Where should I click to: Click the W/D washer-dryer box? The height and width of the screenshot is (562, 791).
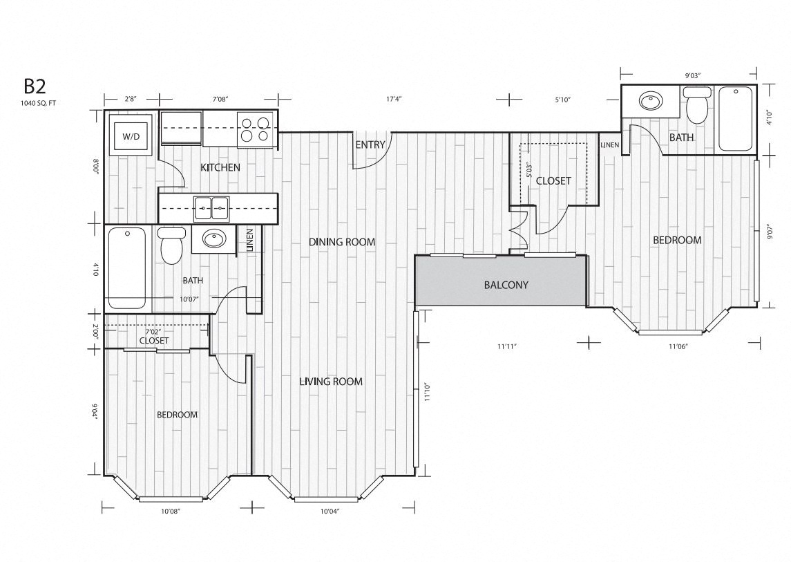pos(131,137)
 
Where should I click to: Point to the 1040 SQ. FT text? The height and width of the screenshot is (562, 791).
pos(39,103)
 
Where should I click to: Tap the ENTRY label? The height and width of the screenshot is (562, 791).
pos(370,145)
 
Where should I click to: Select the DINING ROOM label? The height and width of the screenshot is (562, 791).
pos(341,242)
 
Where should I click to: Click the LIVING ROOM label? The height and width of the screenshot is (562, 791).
pos(330,382)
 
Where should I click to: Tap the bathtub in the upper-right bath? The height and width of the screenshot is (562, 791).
pos(736,118)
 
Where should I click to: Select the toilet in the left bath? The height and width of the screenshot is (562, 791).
pos(171,245)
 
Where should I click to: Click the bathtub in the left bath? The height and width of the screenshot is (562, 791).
pos(127,268)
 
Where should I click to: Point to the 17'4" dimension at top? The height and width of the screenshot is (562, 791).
pos(394,99)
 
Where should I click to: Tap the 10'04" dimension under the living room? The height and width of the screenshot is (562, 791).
pos(330,512)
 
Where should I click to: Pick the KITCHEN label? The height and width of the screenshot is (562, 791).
pos(220,167)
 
